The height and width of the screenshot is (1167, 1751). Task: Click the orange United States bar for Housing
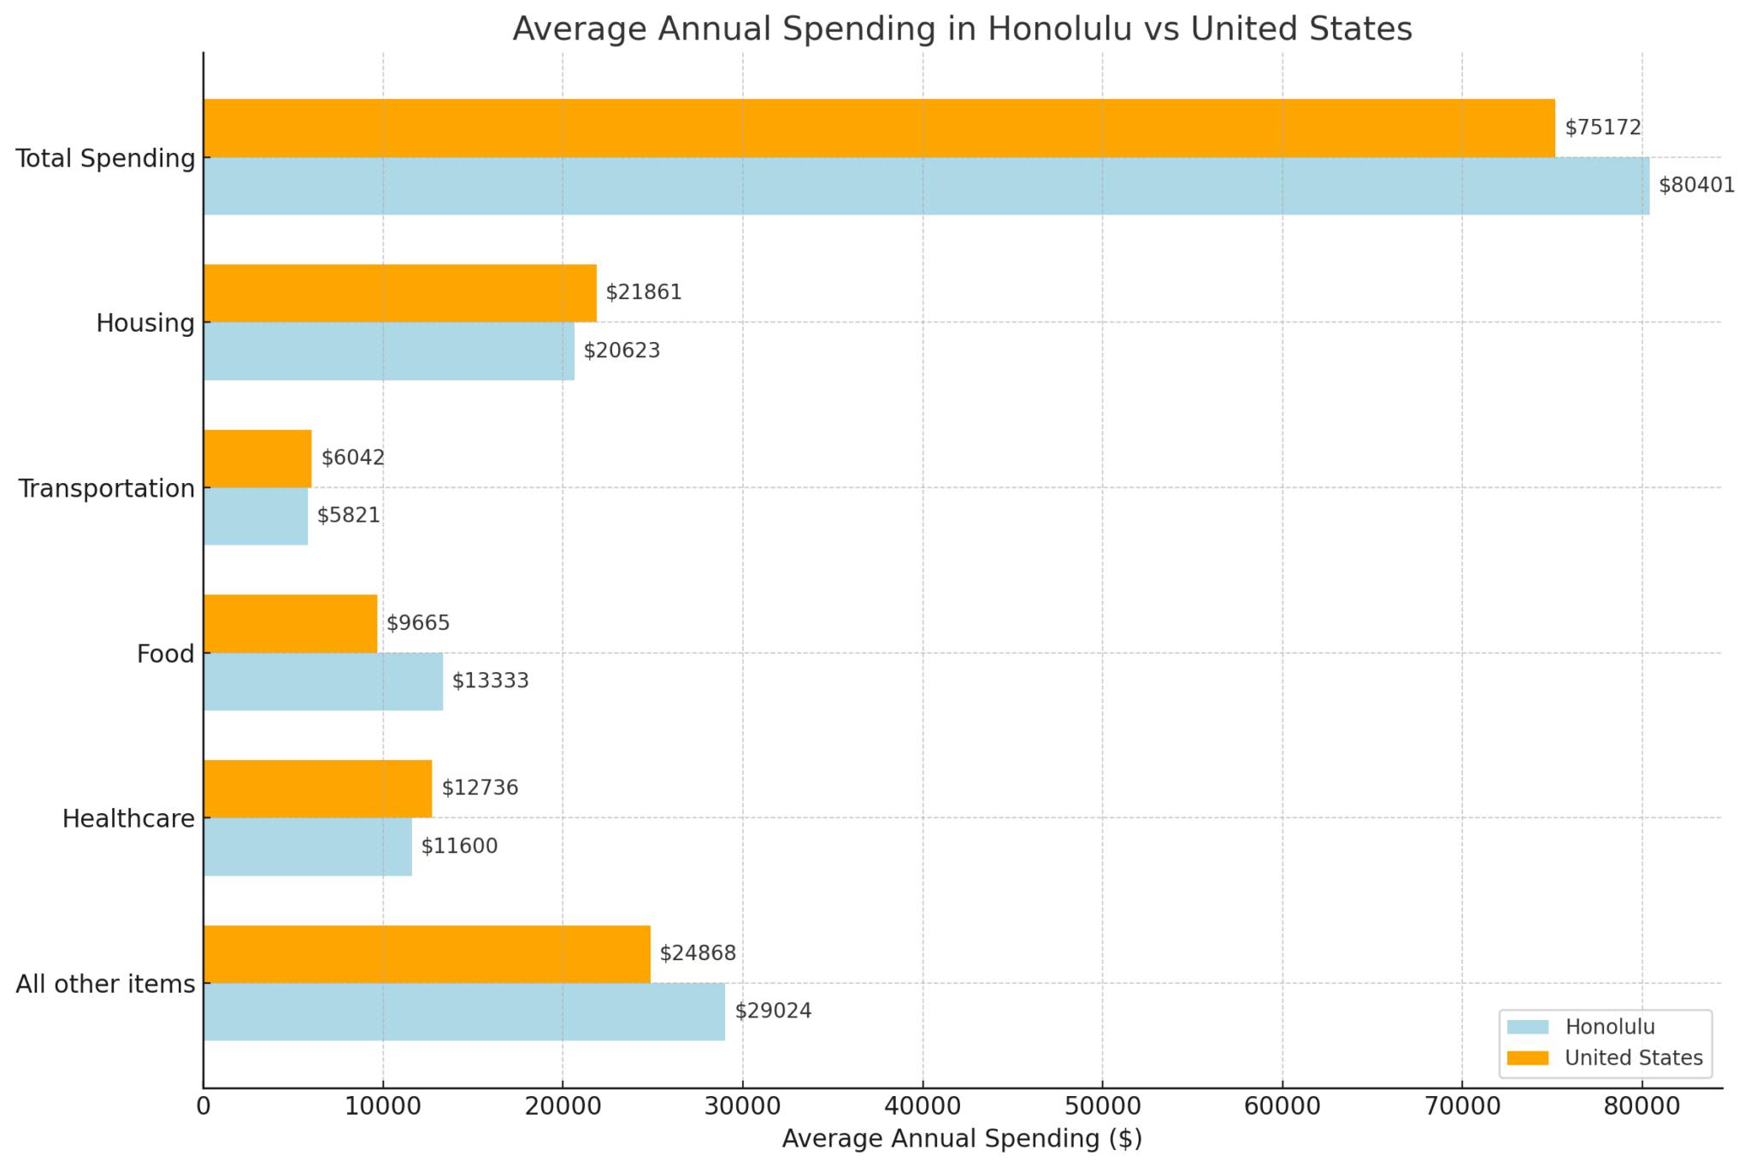399,293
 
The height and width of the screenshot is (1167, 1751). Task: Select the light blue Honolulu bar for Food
323,681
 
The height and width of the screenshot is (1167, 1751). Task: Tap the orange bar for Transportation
257,458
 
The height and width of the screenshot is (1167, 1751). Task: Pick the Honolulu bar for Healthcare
308,846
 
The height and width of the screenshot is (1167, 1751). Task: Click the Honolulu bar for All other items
464,1011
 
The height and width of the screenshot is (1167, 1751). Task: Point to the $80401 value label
1696,186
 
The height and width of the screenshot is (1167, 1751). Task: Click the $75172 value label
1603,128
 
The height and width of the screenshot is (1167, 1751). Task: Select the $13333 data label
491,681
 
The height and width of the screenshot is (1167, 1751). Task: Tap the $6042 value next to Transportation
353,458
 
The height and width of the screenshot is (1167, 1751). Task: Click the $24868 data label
698,953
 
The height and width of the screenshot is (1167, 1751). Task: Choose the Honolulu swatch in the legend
1528,1027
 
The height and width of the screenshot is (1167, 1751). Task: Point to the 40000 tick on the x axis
923,1107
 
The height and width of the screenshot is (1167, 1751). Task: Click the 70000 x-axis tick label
1461,1107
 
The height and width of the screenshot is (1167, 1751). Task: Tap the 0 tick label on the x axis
203,1107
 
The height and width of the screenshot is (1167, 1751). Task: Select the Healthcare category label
128,819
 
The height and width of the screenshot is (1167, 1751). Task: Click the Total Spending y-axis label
105,158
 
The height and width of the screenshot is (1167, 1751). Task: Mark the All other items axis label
105,984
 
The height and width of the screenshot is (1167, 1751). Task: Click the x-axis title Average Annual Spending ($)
962,1140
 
